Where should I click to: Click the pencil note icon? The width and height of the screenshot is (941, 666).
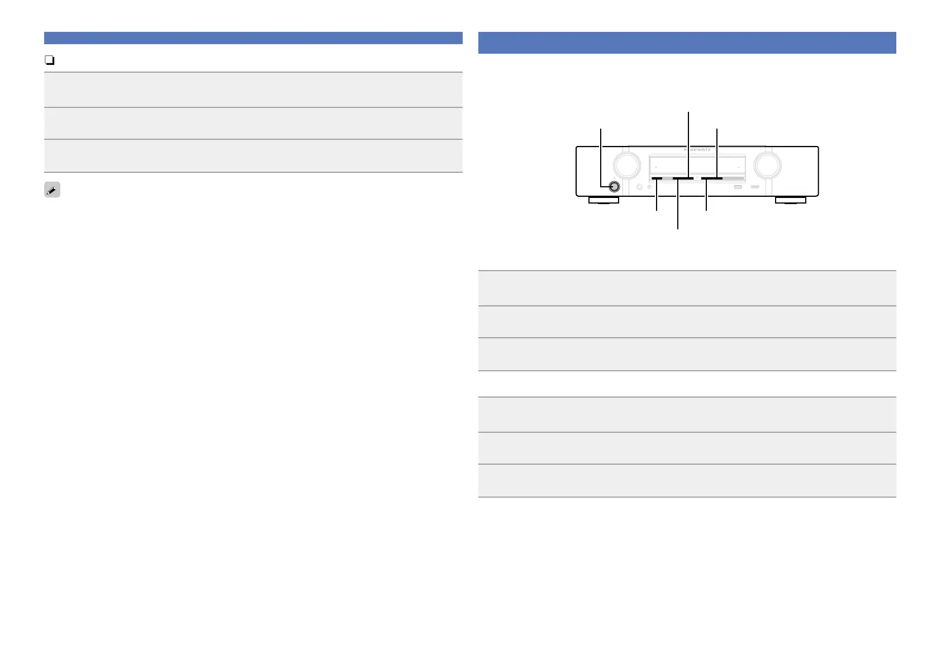pos(52,190)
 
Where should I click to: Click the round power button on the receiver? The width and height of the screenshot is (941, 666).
pos(614,187)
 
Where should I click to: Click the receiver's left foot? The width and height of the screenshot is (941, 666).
pos(603,200)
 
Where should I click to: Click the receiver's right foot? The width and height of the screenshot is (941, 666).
pos(790,200)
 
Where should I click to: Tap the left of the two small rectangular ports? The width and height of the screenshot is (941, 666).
pos(738,187)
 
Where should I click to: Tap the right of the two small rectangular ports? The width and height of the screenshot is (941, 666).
pos(755,187)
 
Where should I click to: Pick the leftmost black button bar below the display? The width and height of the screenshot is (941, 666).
pos(657,179)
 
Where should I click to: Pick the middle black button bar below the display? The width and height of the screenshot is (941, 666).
pos(683,179)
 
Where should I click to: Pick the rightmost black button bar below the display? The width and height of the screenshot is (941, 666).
pos(712,179)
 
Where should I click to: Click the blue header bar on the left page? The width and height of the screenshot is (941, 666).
pos(253,38)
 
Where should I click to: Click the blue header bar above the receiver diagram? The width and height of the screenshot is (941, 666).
pos(687,43)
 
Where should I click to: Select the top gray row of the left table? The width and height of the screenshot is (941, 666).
pos(253,89)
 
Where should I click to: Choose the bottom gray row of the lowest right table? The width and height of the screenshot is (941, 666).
pos(687,480)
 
